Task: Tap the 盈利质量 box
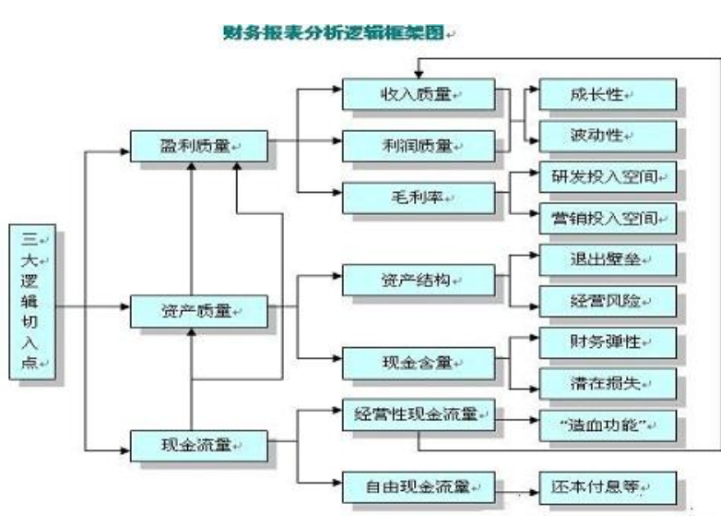pyautogui.click(x=198, y=146)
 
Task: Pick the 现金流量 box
pyautogui.click(x=198, y=446)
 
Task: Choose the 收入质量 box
pyautogui.click(x=418, y=95)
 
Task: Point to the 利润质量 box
pyautogui.click(x=418, y=145)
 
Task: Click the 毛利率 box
pyautogui.click(x=418, y=196)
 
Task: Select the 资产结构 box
pyautogui.click(x=418, y=280)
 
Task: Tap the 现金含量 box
pyautogui.click(x=418, y=363)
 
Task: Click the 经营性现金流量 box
pyautogui.click(x=418, y=415)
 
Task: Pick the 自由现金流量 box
pyautogui.click(x=418, y=485)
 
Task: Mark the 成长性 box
pyautogui.click(x=608, y=94)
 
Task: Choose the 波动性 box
pyautogui.click(x=608, y=136)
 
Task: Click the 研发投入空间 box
pyautogui.click(x=608, y=176)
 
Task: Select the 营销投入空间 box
pyautogui.click(x=608, y=219)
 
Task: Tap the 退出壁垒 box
pyautogui.click(x=608, y=260)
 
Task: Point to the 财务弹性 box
pyautogui.click(x=608, y=342)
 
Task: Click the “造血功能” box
pyautogui.click(x=608, y=425)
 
